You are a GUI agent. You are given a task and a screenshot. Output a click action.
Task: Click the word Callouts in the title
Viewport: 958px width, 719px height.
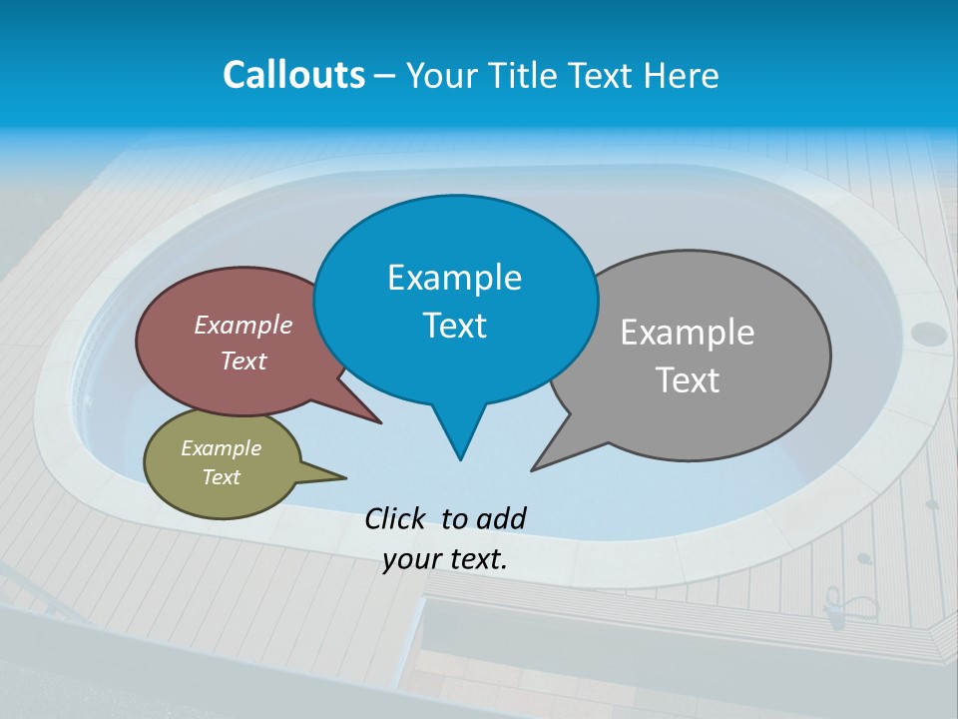[x=293, y=75]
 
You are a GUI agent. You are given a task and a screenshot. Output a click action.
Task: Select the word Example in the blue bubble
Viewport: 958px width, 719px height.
[x=454, y=278]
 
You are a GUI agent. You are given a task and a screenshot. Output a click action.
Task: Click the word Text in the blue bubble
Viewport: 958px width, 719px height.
[x=454, y=326]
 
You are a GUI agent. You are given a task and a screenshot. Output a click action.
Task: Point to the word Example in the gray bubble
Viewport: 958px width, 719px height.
[x=687, y=333]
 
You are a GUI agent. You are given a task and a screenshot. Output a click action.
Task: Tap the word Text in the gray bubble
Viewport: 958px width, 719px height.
[x=689, y=380]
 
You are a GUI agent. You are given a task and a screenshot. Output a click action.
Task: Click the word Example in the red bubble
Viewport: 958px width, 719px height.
[x=242, y=326]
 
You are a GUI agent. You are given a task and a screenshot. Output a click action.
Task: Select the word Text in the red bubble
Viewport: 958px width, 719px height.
[x=242, y=361]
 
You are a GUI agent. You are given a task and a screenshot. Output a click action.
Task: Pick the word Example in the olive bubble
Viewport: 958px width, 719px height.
[x=221, y=448]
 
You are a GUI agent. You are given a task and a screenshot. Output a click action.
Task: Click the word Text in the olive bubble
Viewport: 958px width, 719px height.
[x=221, y=477]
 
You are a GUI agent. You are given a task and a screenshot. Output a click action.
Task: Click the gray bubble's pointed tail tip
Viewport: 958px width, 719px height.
[x=533, y=469]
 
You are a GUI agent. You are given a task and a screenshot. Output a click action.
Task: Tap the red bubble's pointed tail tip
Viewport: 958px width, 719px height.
[x=380, y=422]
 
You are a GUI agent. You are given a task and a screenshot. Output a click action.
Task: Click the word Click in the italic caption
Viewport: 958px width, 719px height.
[x=396, y=518]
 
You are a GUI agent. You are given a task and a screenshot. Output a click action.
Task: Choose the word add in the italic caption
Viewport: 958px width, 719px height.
[x=501, y=518]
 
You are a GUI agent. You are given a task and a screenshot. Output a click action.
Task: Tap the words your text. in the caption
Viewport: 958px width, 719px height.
[x=445, y=559]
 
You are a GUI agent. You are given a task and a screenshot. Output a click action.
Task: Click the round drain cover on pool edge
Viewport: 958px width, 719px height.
[x=928, y=334]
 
